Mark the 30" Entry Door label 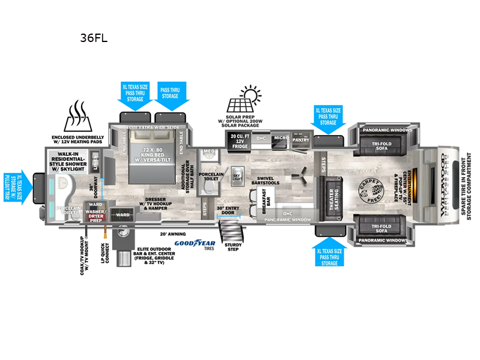coord(228,209)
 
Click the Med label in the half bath coord(209,151)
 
